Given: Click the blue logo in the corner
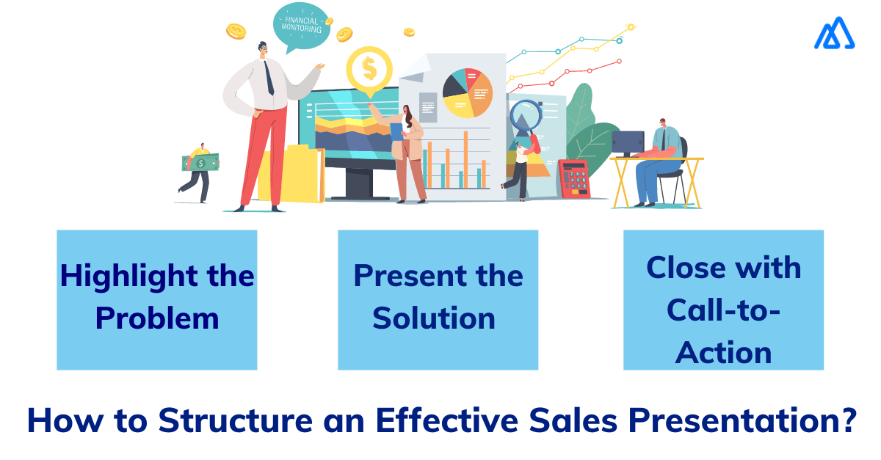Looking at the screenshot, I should (x=834, y=34).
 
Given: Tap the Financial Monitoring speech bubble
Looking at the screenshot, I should (x=302, y=25).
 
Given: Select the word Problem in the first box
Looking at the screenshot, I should (x=157, y=318).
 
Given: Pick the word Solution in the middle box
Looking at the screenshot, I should (x=434, y=318).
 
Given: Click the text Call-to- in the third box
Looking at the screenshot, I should (x=723, y=310).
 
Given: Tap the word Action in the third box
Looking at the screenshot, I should (x=723, y=353).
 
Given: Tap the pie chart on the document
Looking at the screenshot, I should (x=468, y=92).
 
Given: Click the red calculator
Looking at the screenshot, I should (x=574, y=179).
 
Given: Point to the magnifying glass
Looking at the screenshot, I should (x=525, y=116).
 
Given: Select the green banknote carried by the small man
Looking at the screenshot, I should (x=200, y=162).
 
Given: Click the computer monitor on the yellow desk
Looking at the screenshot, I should (x=627, y=141).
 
